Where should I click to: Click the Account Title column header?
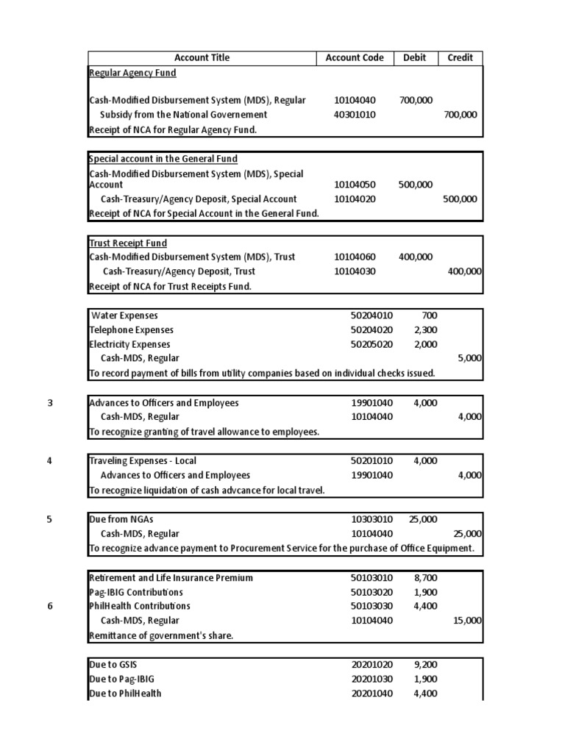202,57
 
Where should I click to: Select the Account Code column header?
355,57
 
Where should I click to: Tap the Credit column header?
461,57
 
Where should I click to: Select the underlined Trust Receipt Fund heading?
128,243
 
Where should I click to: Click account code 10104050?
355,185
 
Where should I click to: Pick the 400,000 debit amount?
416,257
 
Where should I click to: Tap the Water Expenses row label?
124,315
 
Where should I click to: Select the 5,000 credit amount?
469,358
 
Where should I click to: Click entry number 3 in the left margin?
50,402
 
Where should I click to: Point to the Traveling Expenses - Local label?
143,461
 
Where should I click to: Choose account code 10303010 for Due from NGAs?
372,519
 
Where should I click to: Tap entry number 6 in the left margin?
50,606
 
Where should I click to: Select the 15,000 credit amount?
467,620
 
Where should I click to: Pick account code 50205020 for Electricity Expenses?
372,344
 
